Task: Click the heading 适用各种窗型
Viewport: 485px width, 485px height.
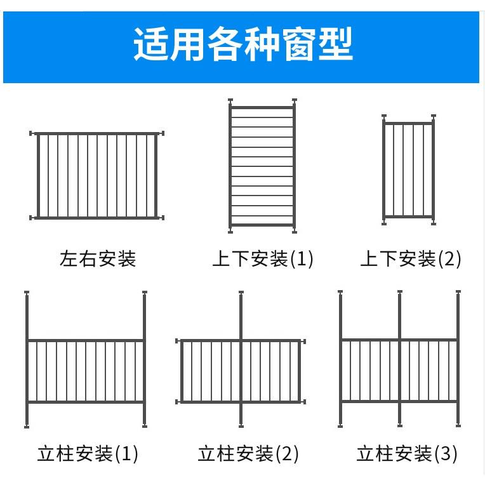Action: click(x=242, y=44)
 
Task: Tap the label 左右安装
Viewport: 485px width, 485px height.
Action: click(x=98, y=259)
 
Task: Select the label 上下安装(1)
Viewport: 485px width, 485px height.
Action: click(x=263, y=259)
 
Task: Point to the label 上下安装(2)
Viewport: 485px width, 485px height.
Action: click(x=410, y=259)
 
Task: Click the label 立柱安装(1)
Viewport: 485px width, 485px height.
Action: click(x=88, y=453)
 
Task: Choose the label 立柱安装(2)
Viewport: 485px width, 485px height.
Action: click(x=248, y=453)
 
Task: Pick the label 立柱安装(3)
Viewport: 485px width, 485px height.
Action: click(x=407, y=453)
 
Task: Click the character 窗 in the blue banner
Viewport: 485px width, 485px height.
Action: click(x=297, y=44)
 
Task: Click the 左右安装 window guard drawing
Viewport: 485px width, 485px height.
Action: click(x=97, y=175)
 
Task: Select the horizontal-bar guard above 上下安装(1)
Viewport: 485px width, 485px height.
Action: click(x=262, y=167)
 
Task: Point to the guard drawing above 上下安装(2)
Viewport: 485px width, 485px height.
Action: click(x=409, y=169)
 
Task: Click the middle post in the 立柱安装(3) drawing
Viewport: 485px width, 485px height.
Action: click(x=400, y=359)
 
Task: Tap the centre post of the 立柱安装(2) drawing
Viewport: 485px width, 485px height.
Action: click(x=241, y=359)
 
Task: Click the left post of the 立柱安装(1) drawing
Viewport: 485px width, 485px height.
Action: click(x=27, y=359)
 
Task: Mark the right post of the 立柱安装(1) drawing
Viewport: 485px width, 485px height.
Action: click(x=145, y=359)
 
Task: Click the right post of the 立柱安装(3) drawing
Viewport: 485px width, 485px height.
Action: click(x=458, y=359)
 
